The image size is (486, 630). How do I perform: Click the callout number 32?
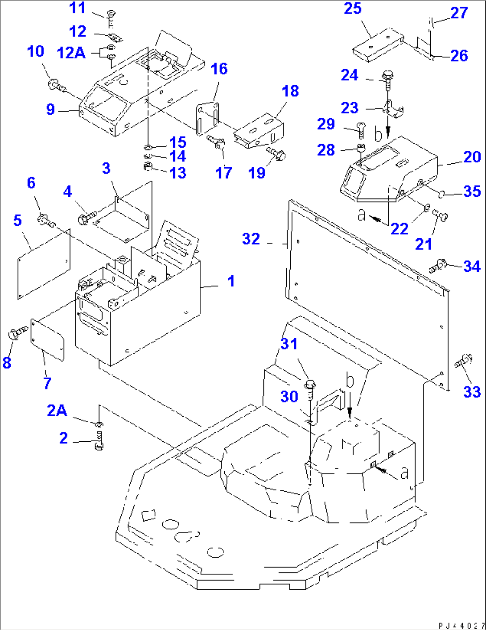[251, 239]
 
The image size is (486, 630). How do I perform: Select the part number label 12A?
[71, 53]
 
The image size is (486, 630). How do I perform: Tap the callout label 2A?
[57, 410]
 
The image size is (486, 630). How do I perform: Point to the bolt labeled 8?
[16, 333]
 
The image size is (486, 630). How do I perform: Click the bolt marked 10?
[56, 85]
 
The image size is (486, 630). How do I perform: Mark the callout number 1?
[231, 281]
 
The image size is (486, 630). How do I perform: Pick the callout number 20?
[472, 157]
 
